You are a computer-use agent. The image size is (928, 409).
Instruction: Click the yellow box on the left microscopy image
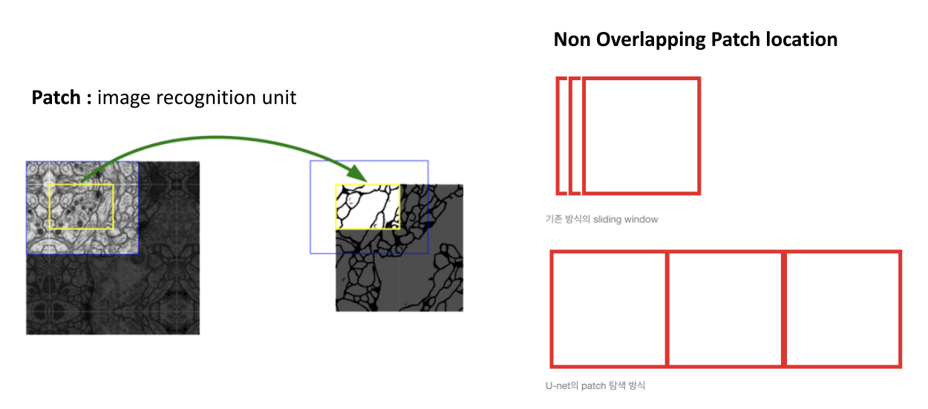click(x=81, y=207)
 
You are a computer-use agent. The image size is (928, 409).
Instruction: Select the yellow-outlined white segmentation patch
click(x=367, y=207)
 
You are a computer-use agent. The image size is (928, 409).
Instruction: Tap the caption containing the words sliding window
click(x=601, y=220)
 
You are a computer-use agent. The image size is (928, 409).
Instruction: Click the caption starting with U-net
click(x=594, y=386)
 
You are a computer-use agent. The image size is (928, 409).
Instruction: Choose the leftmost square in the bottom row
click(x=609, y=309)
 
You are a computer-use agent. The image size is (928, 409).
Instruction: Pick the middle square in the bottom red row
click(x=725, y=309)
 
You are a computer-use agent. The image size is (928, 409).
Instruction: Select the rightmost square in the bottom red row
click(x=843, y=309)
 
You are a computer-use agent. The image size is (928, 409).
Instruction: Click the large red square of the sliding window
click(x=641, y=136)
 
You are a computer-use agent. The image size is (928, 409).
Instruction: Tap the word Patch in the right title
click(x=736, y=39)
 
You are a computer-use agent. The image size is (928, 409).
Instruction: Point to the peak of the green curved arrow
click(x=215, y=137)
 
